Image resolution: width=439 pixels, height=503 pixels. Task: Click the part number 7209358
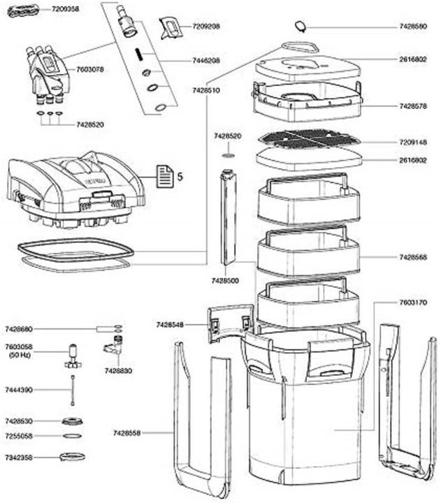pos(66,10)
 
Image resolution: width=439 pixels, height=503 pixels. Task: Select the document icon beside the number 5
pos(164,175)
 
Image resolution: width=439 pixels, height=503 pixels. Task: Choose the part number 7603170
pos(412,302)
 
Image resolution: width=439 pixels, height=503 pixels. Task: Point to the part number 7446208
pos(206,61)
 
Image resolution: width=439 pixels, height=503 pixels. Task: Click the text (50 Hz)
pos(20,356)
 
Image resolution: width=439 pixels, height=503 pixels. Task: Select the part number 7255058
pos(19,435)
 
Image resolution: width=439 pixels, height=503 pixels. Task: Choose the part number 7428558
pos(127,433)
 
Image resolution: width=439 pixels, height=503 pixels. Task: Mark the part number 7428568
pos(412,257)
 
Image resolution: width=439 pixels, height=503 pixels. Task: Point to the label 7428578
pos(412,106)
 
